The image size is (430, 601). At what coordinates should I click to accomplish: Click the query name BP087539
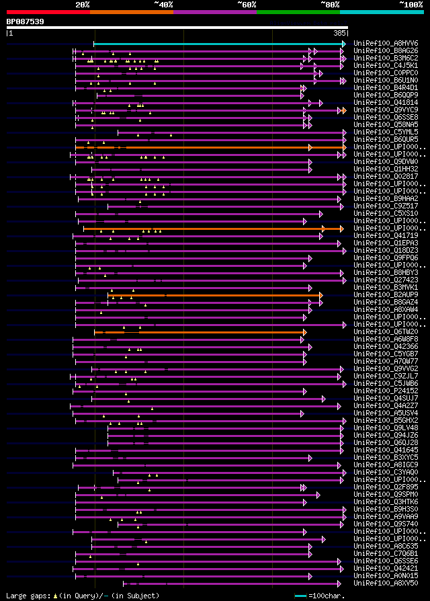(26, 22)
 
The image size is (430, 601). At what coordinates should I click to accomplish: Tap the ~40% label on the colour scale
(163, 5)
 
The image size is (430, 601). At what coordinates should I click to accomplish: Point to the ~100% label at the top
(411, 5)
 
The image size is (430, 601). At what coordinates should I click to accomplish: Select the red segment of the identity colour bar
(48, 12)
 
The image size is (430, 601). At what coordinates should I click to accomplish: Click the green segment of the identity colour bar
(298, 12)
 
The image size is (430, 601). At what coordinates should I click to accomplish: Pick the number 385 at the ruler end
(339, 33)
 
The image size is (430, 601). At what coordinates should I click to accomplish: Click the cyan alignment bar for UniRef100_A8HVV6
(219, 44)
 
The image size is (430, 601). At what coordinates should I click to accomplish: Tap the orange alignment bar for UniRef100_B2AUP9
(214, 294)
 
